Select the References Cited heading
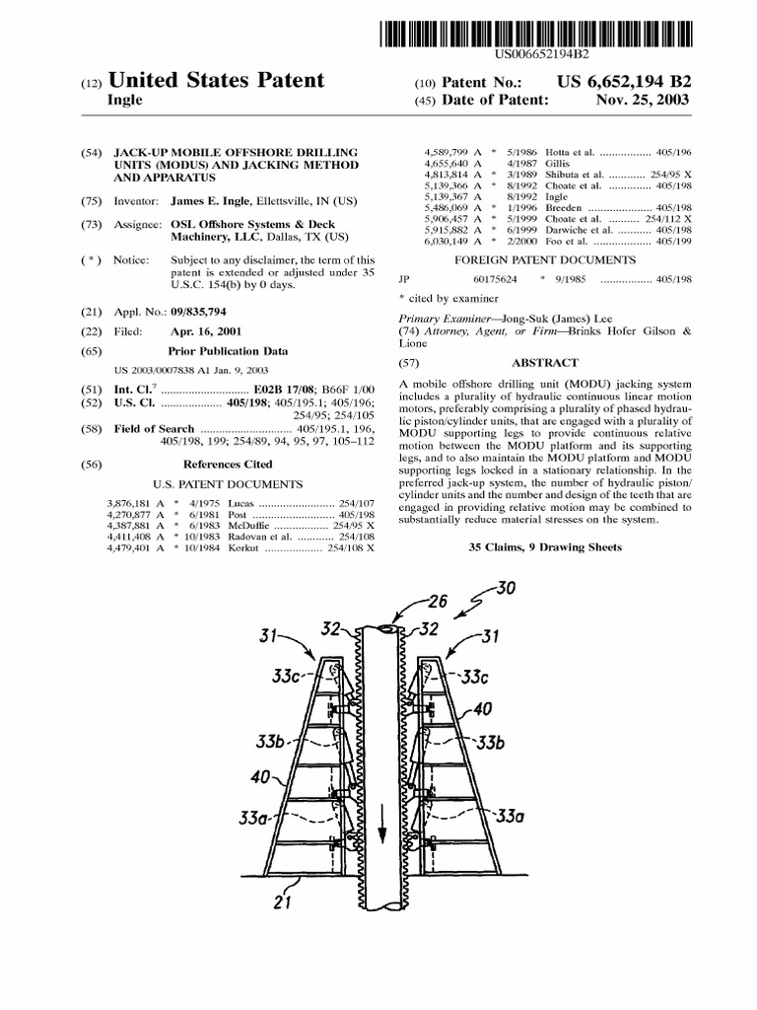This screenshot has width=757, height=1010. click(x=228, y=464)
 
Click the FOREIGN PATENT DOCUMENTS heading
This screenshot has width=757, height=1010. click(x=543, y=259)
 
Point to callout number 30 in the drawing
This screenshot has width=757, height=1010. click(x=505, y=589)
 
